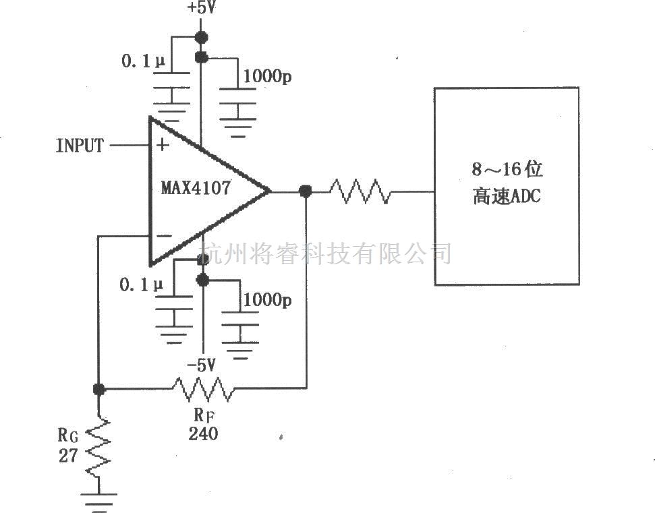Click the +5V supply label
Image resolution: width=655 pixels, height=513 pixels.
pyautogui.click(x=200, y=9)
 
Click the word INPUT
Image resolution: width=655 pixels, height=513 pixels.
pyautogui.click(x=80, y=145)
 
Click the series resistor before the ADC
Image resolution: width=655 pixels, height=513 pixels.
pyautogui.click(x=360, y=191)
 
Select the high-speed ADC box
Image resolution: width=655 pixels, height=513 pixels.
pyautogui.click(x=506, y=185)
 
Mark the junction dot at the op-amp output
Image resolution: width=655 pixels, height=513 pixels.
pyautogui.click(x=306, y=191)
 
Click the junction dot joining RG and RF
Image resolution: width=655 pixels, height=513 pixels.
pyautogui.click(x=98, y=389)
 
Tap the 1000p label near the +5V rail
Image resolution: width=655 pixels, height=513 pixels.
pyautogui.click(x=267, y=76)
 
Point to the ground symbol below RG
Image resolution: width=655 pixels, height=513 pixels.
pyautogui.click(x=98, y=500)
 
